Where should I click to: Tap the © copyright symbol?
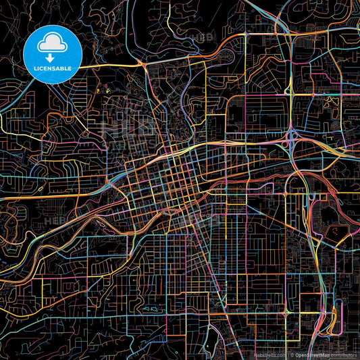(x=289, y=355)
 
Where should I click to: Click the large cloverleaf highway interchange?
(x=294, y=139)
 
